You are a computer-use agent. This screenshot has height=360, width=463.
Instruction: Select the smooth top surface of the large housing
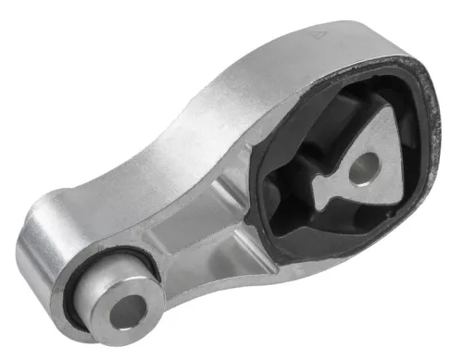coord(269,56)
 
